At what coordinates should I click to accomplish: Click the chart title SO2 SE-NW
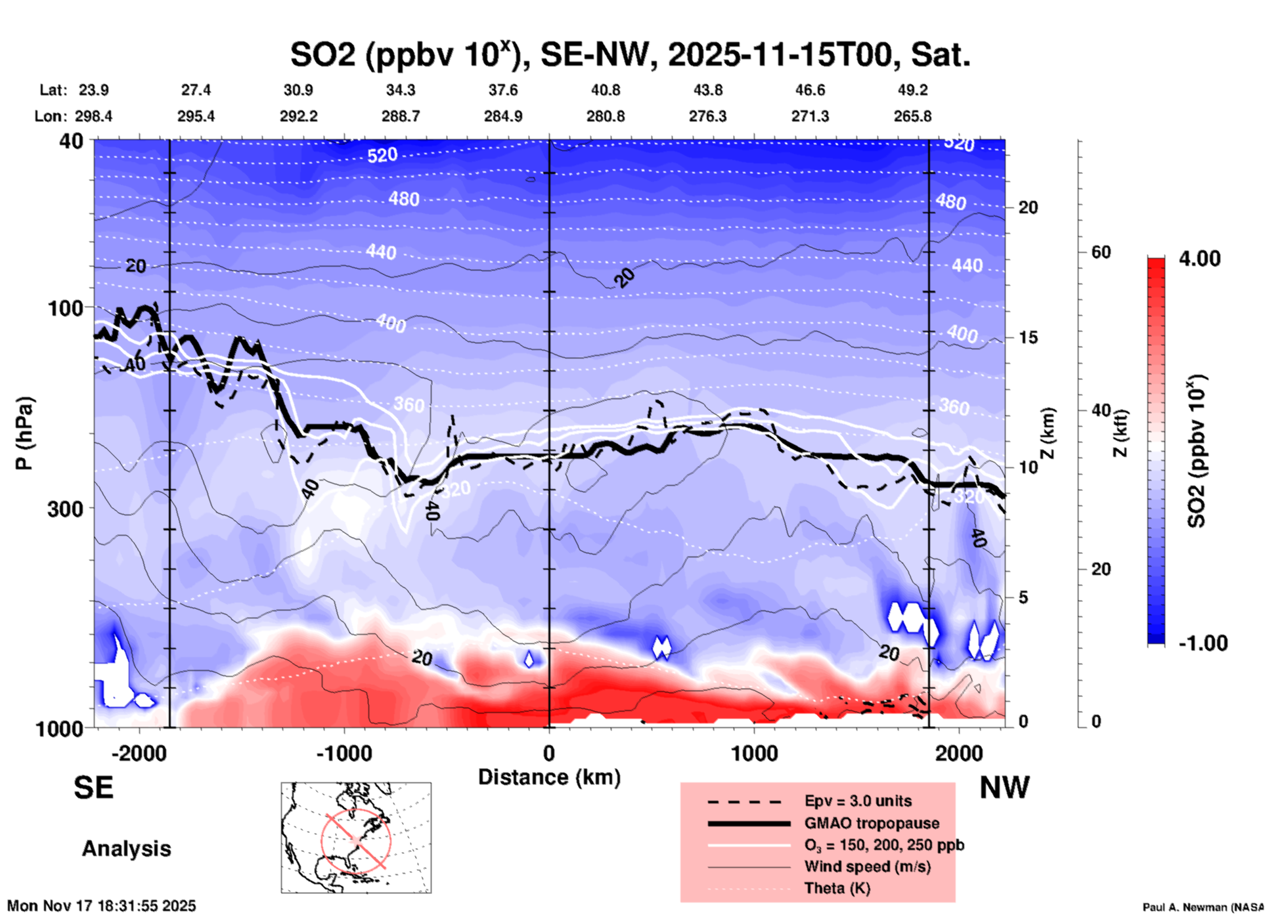[630, 54]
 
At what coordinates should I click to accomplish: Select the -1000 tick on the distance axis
[344, 753]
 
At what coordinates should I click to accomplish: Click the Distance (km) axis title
[549, 777]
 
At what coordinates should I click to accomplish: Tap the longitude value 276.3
[707, 116]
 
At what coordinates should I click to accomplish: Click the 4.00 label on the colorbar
[1199, 258]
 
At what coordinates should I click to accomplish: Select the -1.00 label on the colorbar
[1202, 643]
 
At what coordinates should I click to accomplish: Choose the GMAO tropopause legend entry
[872, 823]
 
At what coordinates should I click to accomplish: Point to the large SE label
[93, 788]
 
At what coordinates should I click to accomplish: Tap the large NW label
[1004, 788]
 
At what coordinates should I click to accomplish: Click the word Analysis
[126, 849]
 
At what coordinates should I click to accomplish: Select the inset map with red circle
[356, 838]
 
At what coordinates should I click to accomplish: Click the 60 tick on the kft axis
[1101, 252]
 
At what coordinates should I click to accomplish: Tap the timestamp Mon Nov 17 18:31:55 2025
[102, 906]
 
